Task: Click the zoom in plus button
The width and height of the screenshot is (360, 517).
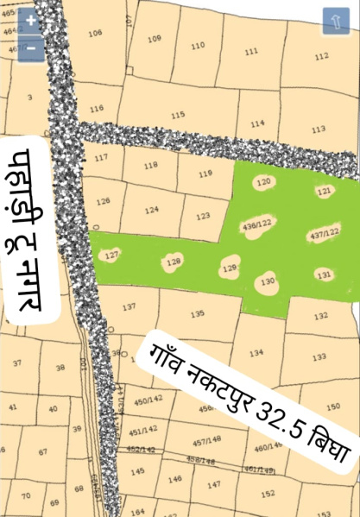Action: click(x=30, y=21)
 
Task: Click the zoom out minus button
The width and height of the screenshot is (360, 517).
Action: click(x=30, y=47)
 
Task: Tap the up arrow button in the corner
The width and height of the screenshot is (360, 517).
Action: click(x=335, y=22)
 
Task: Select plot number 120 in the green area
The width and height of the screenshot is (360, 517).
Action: click(x=264, y=182)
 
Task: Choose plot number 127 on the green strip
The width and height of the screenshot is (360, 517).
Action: click(x=111, y=255)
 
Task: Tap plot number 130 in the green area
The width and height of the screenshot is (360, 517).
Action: click(x=268, y=282)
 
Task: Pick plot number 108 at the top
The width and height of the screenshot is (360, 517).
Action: click(x=95, y=33)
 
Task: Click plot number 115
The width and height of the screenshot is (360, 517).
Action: click(x=178, y=115)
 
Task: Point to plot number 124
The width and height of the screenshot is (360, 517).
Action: click(x=152, y=210)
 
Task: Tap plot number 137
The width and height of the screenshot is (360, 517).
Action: click(x=129, y=307)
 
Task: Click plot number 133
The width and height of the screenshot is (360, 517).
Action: click(x=319, y=356)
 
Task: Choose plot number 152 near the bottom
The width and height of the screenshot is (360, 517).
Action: click(x=268, y=494)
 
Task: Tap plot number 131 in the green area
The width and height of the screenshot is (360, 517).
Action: click(x=324, y=274)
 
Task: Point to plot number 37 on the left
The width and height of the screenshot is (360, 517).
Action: click(x=17, y=363)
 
